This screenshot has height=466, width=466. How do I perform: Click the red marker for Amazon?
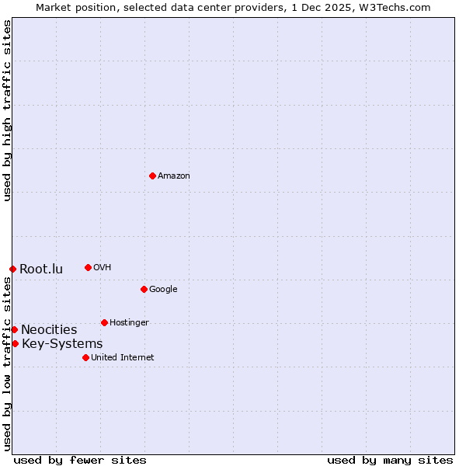click(152, 176)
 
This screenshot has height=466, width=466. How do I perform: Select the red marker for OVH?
click(88, 267)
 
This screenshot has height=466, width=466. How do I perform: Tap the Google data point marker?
click(144, 289)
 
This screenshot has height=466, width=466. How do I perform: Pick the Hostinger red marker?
click(104, 322)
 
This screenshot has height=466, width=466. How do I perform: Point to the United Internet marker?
click(85, 357)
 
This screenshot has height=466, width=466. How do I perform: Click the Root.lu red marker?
click(12, 269)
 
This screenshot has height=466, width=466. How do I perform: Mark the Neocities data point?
click(14, 329)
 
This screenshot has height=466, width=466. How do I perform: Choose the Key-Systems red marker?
click(15, 343)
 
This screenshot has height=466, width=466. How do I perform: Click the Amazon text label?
click(174, 176)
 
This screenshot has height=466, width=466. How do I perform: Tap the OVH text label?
click(103, 268)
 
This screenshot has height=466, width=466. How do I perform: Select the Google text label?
click(163, 290)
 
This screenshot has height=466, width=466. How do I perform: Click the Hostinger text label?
click(129, 323)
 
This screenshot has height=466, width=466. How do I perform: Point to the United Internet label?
click(123, 358)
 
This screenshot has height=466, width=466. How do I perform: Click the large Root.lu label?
click(41, 270)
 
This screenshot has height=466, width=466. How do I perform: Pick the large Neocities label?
click(49, 330)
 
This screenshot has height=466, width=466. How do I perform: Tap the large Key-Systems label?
click(62, 344)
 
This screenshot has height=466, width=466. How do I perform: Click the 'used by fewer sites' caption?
click(80, 460)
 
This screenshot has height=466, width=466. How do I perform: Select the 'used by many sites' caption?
click(390, 460)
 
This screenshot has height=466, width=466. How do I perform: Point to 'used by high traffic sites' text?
click(7, 110)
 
